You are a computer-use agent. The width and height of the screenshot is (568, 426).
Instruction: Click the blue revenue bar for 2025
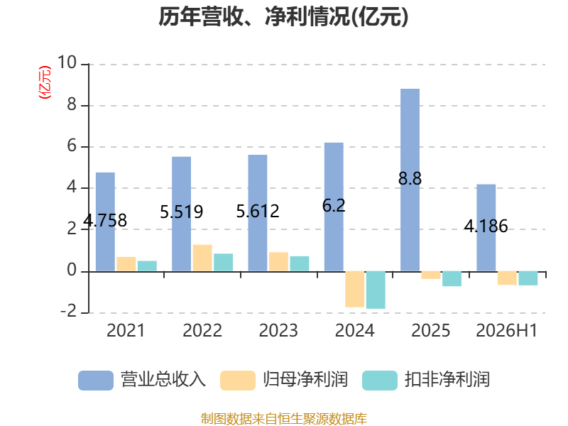click(410, 180)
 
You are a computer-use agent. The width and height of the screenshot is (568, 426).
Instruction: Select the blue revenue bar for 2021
click(105, 222)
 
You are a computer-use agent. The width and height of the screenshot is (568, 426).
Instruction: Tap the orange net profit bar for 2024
click(354, 289)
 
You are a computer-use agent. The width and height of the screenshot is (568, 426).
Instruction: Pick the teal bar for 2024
click(376, 290)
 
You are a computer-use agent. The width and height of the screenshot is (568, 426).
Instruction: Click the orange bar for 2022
click(202, 258)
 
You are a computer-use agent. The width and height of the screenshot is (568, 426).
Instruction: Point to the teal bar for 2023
click(300, 263)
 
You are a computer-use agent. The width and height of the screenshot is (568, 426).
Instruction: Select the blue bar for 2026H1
click(486, 228)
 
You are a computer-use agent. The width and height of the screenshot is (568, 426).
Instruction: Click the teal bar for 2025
click(452, 278)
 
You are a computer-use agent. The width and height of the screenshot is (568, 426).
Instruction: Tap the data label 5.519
click(182, 212)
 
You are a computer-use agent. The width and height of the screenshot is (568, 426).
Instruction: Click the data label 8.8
click(410, 179)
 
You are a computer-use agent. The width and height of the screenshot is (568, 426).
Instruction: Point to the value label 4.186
click(486, 226)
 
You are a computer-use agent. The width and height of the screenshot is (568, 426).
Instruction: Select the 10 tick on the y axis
click(67, 62)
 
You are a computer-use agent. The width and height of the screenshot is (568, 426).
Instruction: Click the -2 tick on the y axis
click(68, 312)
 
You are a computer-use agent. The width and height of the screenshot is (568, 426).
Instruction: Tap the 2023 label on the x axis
click(278, 331)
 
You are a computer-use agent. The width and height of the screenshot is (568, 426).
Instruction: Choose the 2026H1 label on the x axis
click(507, 331)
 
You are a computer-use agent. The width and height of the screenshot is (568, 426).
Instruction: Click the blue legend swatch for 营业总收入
click(96, 381)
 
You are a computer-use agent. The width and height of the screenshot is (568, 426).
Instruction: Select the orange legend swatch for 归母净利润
click(238, 381)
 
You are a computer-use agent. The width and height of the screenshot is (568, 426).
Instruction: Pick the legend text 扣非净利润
click(447, 380)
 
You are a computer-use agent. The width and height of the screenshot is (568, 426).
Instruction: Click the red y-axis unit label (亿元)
click(45, 82)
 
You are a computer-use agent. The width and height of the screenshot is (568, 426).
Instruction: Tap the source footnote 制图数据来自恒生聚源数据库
click(284, 419)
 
